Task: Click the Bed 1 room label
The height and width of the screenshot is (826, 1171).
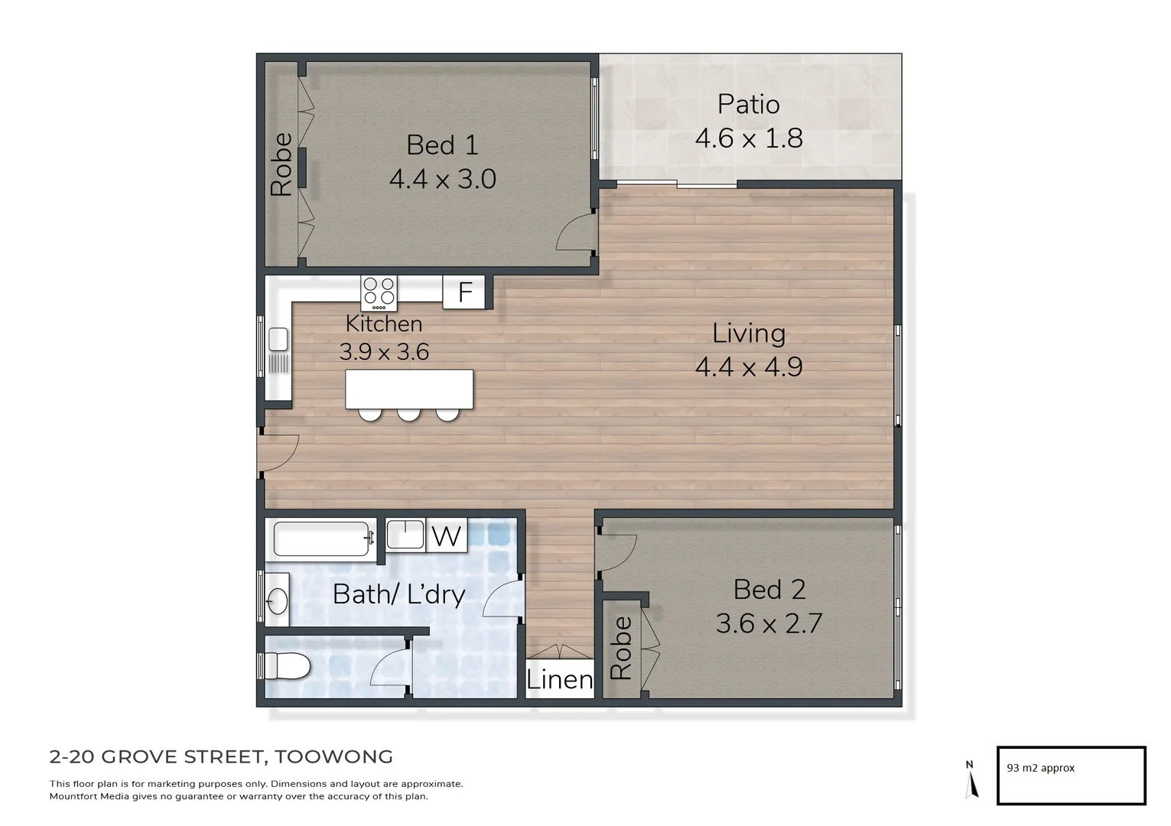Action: pos(442,145)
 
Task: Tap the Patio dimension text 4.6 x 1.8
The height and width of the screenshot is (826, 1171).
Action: pos(748,138)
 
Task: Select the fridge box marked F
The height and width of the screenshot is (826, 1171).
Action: pos(464,292)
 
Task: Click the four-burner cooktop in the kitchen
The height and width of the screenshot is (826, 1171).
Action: pos(379,292)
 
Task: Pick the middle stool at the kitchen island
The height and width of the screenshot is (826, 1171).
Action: pos(408,414)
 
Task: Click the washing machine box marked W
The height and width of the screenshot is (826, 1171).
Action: pos(446,535)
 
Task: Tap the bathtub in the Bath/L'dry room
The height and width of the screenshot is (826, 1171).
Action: pos(321,538)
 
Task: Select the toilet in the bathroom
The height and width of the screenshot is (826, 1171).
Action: pos(286,666)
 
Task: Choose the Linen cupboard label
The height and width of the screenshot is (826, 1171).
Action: pos(559,679)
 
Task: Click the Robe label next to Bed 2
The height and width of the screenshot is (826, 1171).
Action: pos(621,648)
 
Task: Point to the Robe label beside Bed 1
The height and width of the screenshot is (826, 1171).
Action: pos(281,164)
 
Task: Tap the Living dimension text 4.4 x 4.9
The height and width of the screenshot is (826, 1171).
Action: pos(748,367)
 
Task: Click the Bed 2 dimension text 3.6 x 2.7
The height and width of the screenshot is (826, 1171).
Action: pos(769,623)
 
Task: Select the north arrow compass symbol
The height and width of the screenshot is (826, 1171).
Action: pos(971,780)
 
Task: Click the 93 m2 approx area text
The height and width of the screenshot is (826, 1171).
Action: pos(1040,768)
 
